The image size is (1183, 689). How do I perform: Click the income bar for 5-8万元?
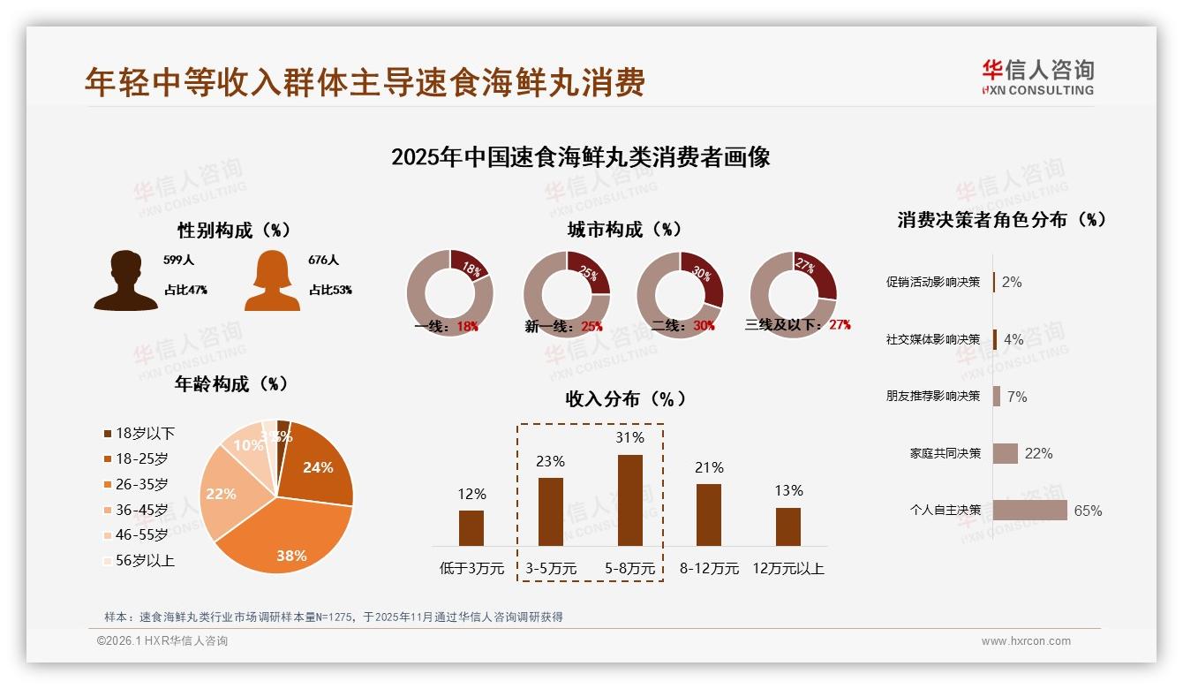[x=629, y=500]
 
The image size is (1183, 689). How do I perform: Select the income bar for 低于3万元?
[x=471, y=527]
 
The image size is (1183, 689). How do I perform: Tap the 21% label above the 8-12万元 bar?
[x=709, y=467]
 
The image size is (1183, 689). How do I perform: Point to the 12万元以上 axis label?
[x=787, y=568]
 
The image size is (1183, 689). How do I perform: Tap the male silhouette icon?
[x=126, y=280]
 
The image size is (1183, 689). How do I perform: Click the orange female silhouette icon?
[x=272, y=280]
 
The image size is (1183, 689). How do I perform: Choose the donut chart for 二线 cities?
[x=680, y=294]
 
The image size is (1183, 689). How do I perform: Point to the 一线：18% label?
[x=447, y=326]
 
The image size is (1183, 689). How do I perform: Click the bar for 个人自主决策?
[x=1029, y=510]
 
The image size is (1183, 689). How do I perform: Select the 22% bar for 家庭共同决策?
[x=1006, y=453]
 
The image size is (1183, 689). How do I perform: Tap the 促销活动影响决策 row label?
[x=933, y=282]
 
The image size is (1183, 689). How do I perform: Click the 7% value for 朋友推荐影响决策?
[x=1017, y=397]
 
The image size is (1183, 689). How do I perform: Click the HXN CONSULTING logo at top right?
[x=1037, y=78]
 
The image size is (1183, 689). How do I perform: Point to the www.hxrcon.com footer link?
[x=1026, y=641]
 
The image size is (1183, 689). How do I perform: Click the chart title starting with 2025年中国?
[x=581, y=157]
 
